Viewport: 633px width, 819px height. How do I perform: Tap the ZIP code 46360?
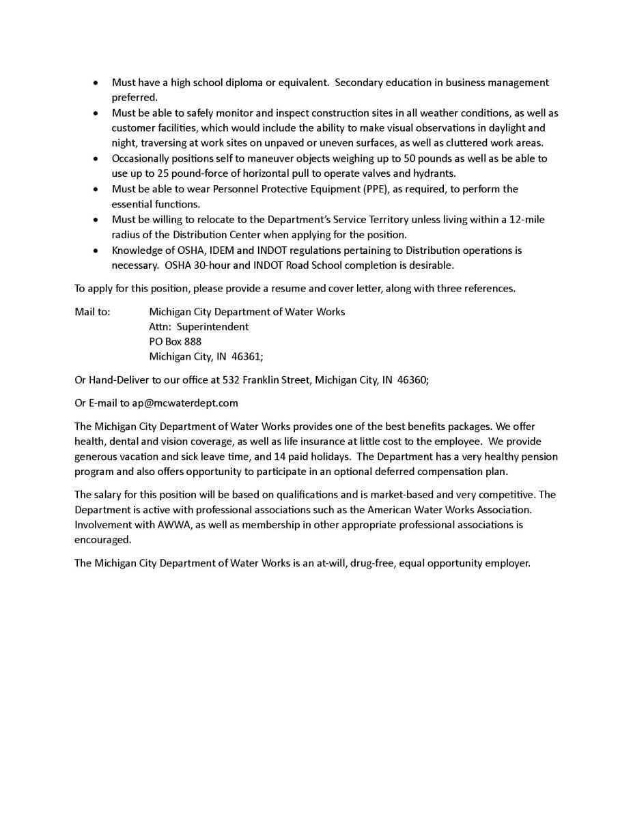point(412,379)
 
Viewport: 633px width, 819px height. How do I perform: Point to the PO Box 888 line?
point(175,341)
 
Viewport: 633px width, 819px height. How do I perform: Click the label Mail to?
point(92,311)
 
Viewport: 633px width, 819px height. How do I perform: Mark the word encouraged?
point(102,539)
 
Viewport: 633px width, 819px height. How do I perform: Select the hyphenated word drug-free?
point(371,563)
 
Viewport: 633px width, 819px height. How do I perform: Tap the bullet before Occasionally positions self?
point(96,158)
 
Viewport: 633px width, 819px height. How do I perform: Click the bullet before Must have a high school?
point(96,83)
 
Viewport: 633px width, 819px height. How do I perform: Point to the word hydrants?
point(434,173)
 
